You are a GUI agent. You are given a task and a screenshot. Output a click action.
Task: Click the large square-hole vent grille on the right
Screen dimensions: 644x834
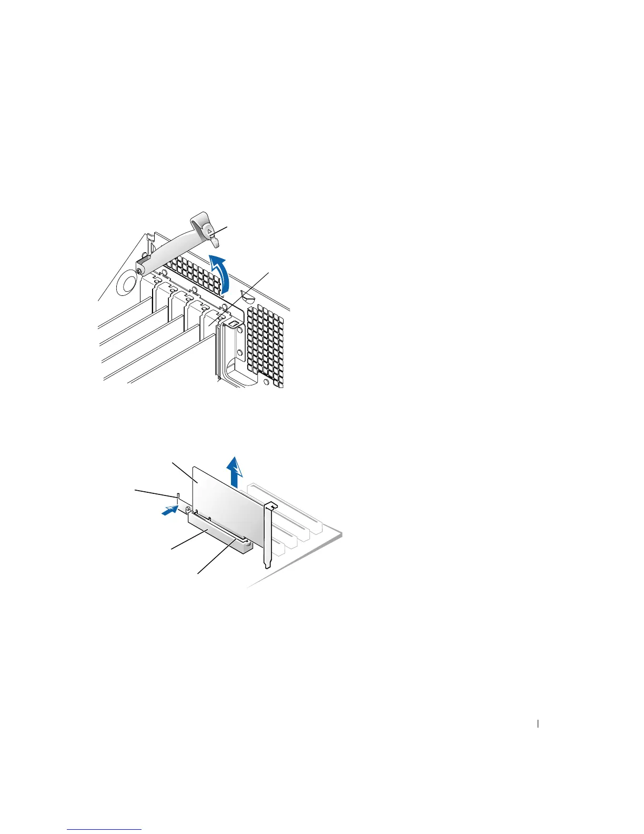pyautogui.click(x=266, y=342)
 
